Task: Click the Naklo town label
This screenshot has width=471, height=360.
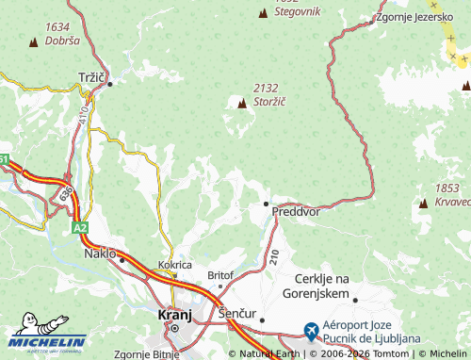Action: click(100, 254)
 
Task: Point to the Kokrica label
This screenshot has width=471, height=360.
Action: click(175, 266)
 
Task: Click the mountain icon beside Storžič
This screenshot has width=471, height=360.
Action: click(242, 103)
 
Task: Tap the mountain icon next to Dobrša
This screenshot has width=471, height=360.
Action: click(35, 41)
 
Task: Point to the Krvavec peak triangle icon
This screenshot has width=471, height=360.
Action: click(421, 201)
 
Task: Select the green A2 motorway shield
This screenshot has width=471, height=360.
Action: click(80, 227)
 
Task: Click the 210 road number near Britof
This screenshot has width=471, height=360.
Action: click(273, 255)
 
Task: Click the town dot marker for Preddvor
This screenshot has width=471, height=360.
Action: click(266, 203)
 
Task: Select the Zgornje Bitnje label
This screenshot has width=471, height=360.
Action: click(145, 354)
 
